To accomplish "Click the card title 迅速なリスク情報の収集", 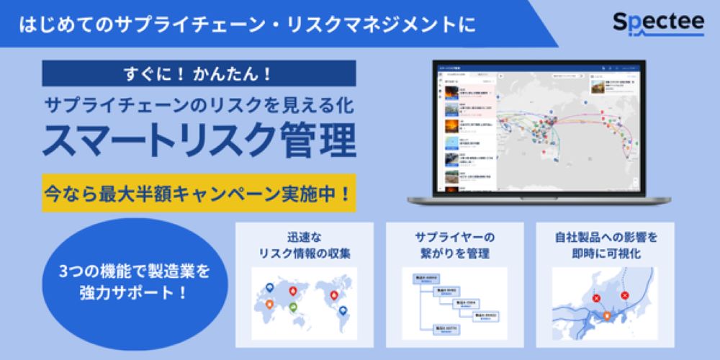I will [x=305, y=244].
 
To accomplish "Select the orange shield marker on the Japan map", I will [x=607, y=315].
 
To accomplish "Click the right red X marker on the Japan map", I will [x=624, y=294].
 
